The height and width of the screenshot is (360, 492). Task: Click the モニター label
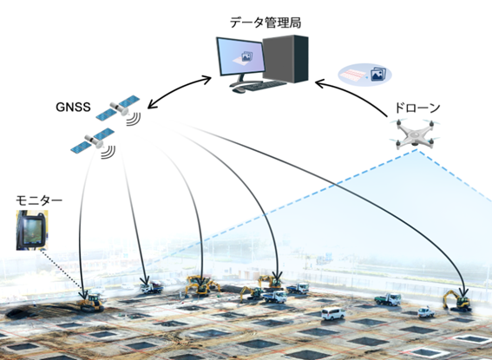coord(38,200)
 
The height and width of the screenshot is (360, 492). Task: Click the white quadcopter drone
coord(415,135)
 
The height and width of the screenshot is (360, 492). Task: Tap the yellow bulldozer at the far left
coord(90,301)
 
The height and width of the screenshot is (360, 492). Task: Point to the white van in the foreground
coord(333,312)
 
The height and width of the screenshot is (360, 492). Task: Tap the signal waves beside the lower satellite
coord(108,154)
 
